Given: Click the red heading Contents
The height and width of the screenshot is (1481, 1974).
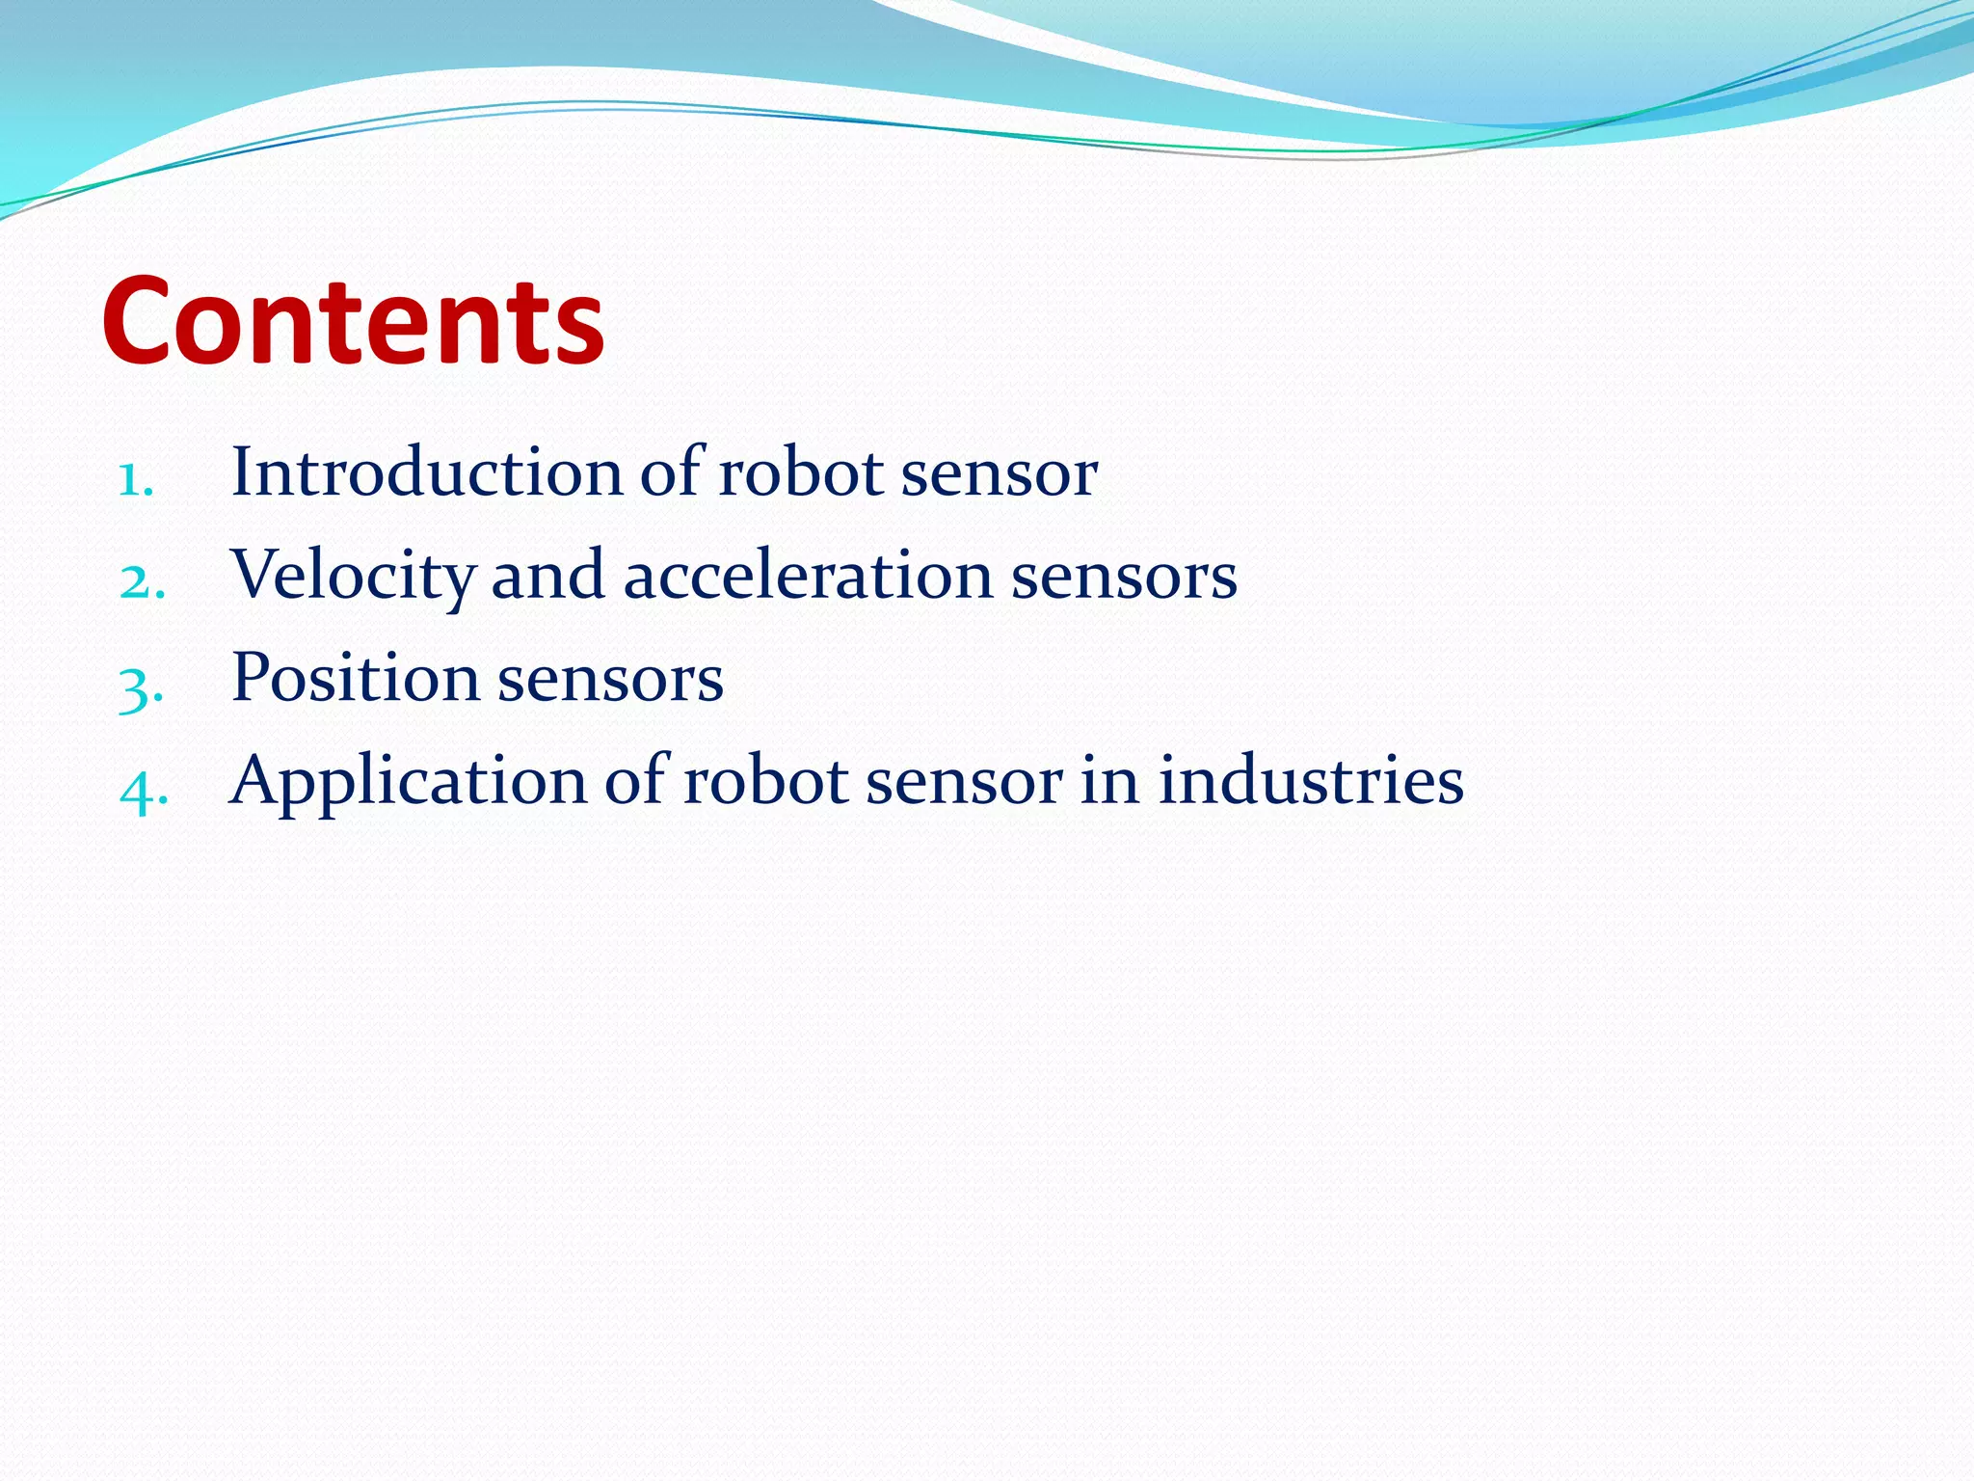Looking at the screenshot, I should pyautogui.click(x=353, y=320).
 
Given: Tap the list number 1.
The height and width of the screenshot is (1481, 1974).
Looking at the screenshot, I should pyautogui.click(x=135, y=479).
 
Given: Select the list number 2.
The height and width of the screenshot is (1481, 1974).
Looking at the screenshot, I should pyautogui.click(x=143, y=581).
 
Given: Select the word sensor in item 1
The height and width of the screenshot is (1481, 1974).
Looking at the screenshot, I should pyautogui.click(x=1000, y=474).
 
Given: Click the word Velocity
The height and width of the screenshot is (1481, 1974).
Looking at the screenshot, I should pyautogui.click(x=353, y=576).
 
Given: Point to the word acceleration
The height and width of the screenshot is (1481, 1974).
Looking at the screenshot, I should pyautogui.click(x=809, y=576).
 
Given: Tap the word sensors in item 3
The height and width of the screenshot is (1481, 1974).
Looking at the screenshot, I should pyautogui.click(x=610, y=680).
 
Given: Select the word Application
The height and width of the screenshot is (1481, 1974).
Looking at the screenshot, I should pyautogui.click(x=408, y=781).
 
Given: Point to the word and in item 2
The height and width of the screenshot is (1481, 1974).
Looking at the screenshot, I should pyautogui.click(x=548, y=576).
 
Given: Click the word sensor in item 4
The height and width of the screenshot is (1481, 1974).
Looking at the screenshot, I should pyautogui.click(x=964, y=781).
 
